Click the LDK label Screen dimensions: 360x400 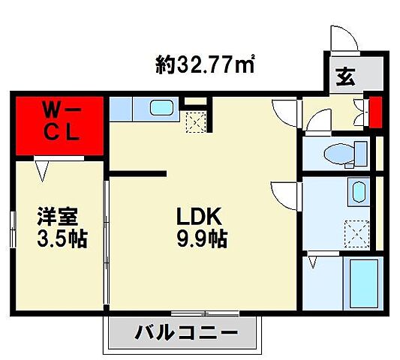(198, 217)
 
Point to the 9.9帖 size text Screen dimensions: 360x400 (201, 240)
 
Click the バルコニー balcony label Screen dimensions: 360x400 (188, 331)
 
